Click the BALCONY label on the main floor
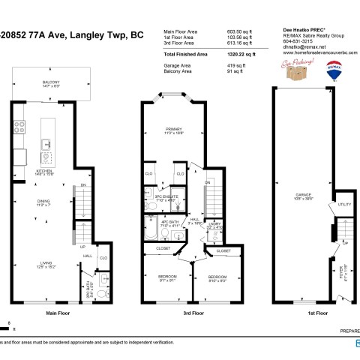pyautogui.click(x=52, y=82)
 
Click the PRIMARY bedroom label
pyautogui.click(x=174, y=129)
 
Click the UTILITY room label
pyautogui.click(x=344, y=203)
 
